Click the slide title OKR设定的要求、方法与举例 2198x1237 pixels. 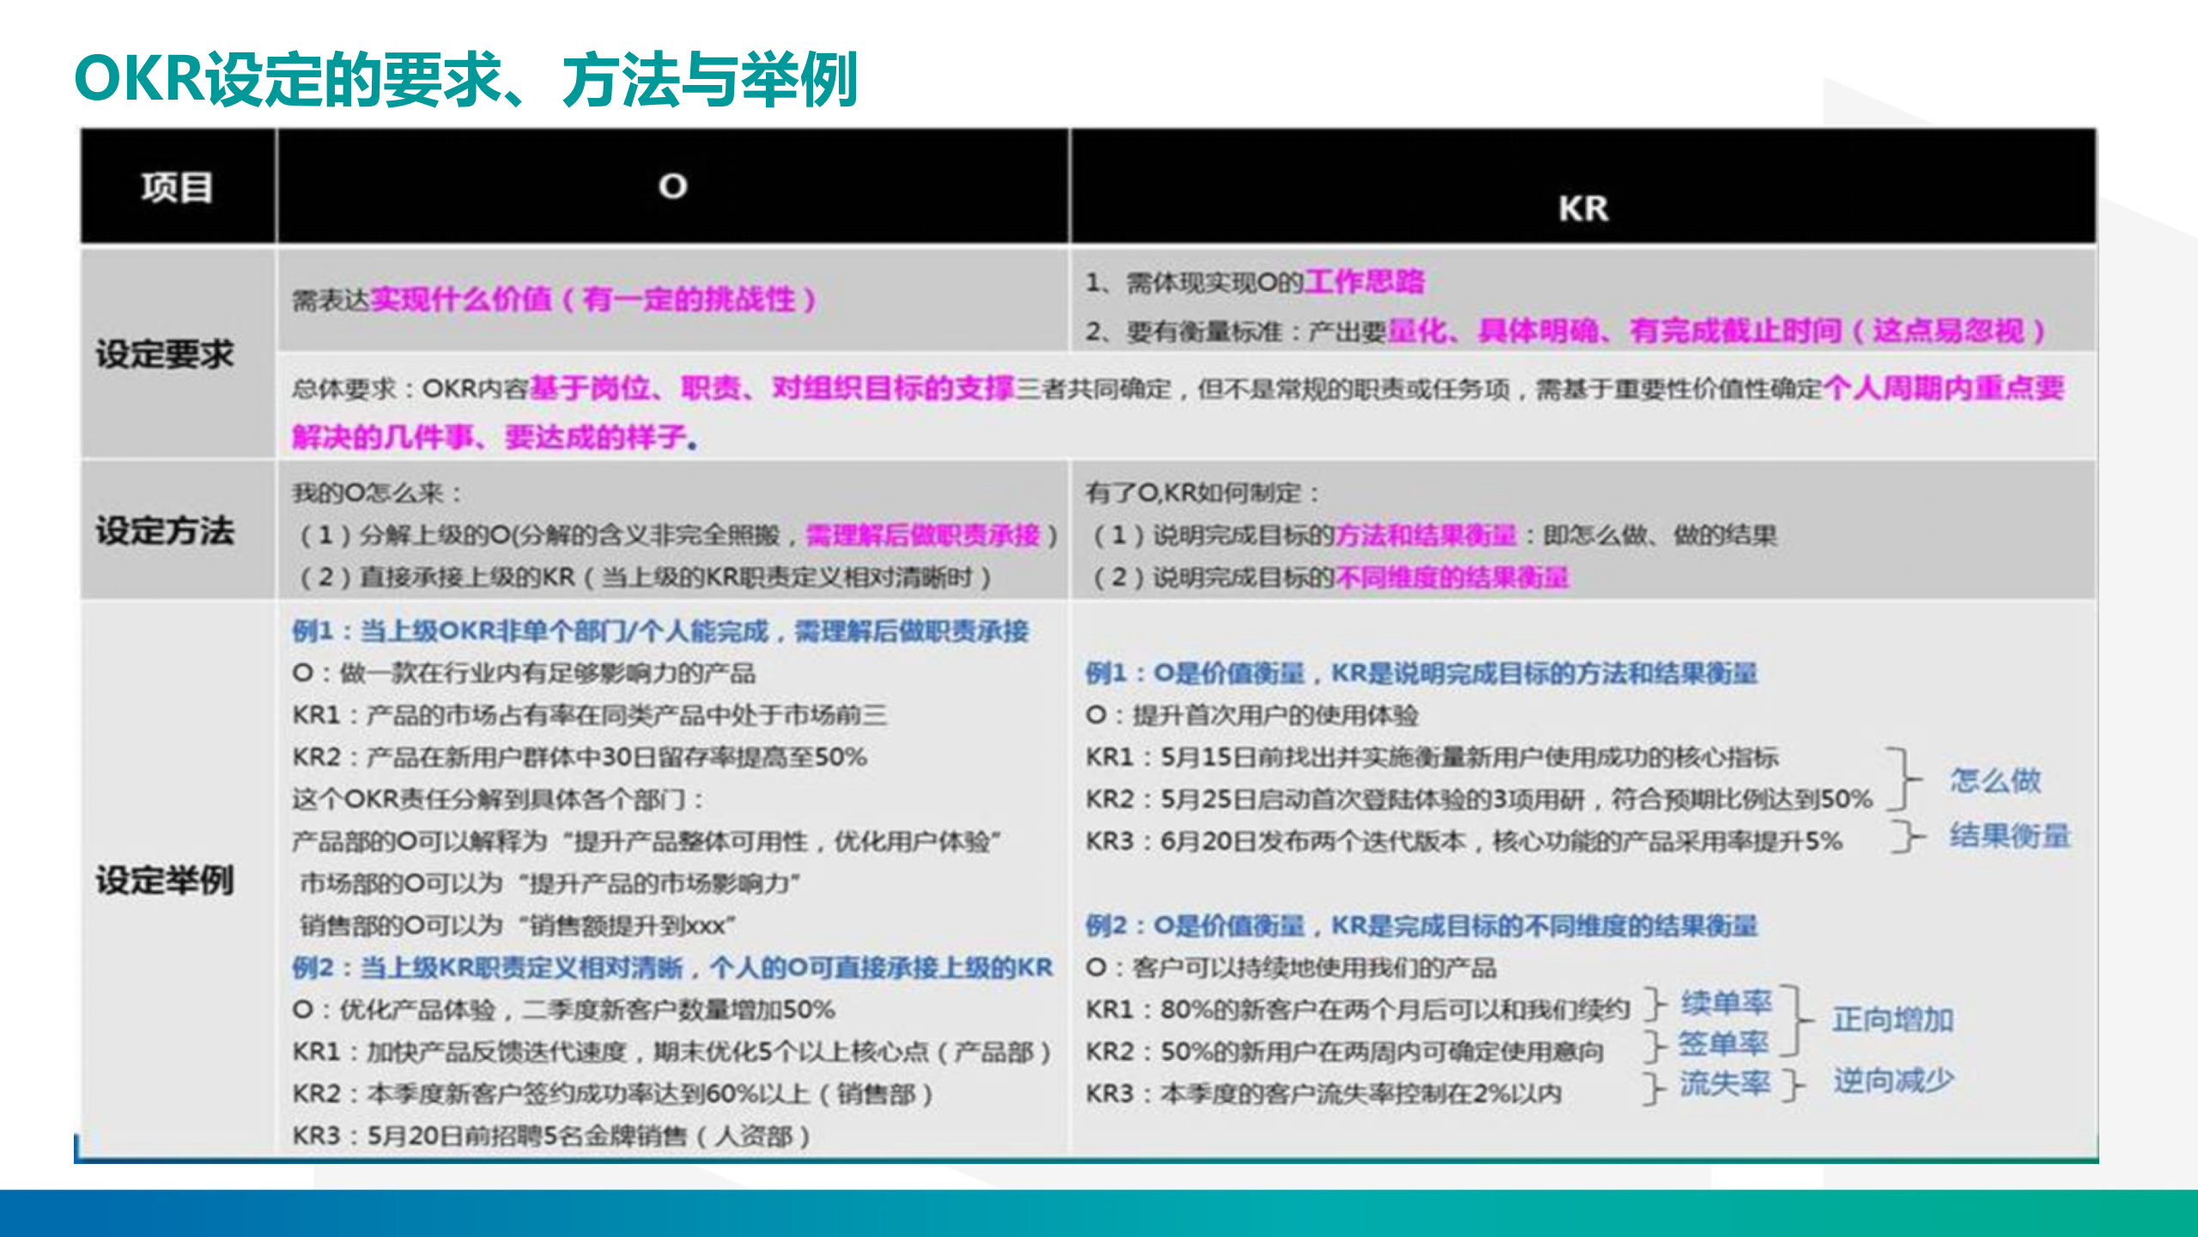click(x=465, y=79)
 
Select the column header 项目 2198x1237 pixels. click(x=177, y=187)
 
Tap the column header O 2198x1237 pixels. click(x=672, y=186)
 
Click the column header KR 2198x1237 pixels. click(x=1582, y=209)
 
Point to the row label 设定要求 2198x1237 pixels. click(x=164, y=354)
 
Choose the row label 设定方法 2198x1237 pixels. click(x=164, y=531)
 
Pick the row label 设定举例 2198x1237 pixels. click(x=164, y=881)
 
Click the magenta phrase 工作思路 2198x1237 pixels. click(x=1363, y=282)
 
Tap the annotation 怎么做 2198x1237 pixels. click(x=1995, y=780)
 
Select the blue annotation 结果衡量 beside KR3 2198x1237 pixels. click(x=2009, y=835)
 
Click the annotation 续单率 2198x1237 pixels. click(x=1726, y=1002)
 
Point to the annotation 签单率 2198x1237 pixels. click(x=1722, y=1044)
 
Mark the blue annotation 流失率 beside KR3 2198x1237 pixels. click(x=1724, y=1084)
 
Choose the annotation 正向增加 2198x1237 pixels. click(x=1892, y=1020)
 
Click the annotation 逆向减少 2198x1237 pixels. click(x=1893, y=1081)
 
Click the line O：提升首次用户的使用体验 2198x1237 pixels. click(x=1252, y=715)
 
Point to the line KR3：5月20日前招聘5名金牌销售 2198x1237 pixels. click(x=549, y=1136)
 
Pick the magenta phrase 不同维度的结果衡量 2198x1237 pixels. click(x=1451, y=577)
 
